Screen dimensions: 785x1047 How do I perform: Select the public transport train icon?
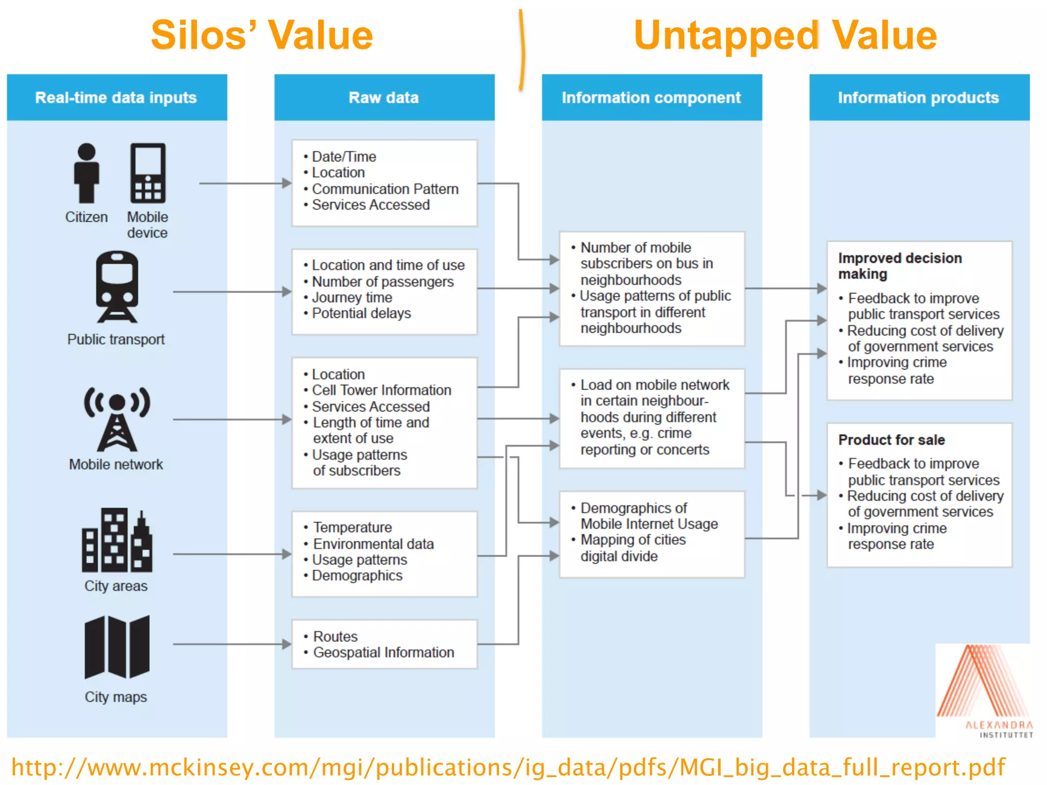coord(117,287)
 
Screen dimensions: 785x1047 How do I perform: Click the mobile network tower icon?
coord(117,419)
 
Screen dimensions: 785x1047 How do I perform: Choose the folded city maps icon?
coord(117,647)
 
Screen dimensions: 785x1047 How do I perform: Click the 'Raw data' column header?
coord(384,98)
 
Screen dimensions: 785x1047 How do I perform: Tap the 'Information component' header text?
coord(651,98)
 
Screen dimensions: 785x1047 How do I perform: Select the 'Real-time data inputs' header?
coord(116,98)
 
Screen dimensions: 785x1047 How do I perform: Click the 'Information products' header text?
coord(918,98)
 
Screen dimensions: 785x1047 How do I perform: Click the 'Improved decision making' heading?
coord(900,266)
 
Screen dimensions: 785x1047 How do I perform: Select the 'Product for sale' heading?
coord(892,440)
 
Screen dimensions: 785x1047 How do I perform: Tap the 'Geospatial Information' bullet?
coord(383,653)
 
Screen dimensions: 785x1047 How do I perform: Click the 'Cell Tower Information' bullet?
coord(381,390)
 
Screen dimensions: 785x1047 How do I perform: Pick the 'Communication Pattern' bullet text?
coord(385,189)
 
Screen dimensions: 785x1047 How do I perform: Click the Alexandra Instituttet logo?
coord(984,690)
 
